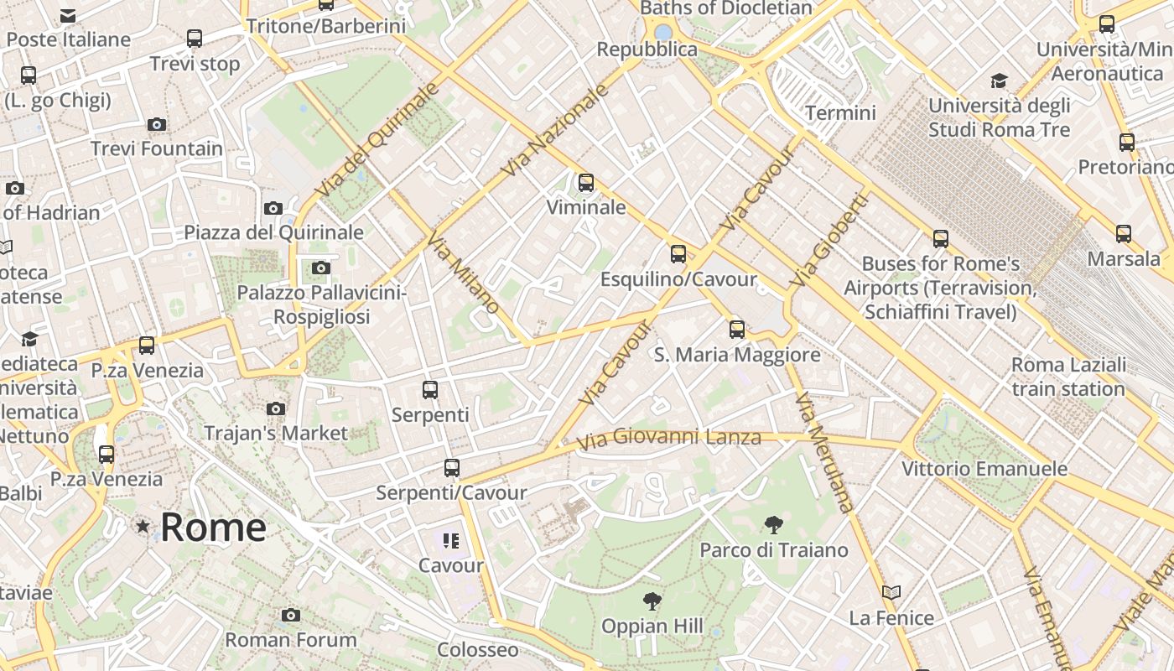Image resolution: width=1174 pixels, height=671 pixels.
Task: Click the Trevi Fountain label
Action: pos(157,149)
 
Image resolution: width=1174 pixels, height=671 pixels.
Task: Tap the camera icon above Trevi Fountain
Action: pos(157,125)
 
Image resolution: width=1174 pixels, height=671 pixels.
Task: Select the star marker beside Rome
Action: pos(143,527)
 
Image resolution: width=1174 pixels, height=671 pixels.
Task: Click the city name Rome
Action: pos(213,527)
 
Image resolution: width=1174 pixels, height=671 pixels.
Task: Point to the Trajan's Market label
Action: pos(276,434)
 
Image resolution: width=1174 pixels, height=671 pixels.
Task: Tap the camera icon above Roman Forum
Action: pos(291,616)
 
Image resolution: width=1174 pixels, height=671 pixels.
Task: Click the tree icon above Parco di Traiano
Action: pos(774,526)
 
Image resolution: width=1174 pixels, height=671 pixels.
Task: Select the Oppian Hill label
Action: pos(652,627)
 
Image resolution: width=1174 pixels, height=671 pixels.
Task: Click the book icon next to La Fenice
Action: pos(891,593)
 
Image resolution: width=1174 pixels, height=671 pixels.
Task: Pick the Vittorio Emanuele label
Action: pos(984,469)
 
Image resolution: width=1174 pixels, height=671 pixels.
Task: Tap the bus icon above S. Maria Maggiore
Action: pos(737,330)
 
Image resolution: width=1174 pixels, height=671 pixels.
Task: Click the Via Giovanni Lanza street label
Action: pos(669,438)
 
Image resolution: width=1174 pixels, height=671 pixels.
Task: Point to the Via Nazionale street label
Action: pos(554,130)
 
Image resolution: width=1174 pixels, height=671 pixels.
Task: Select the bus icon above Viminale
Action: pos(586,182)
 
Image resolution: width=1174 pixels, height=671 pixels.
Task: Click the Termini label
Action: pos(840,113)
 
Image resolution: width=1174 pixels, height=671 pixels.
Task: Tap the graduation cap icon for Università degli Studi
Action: pos(999,81)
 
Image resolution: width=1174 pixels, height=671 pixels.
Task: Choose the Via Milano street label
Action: pos(463,273)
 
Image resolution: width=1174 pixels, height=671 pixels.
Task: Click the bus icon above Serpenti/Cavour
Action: pos(452,468)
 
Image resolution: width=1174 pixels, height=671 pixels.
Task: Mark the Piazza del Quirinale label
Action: pos(274,232)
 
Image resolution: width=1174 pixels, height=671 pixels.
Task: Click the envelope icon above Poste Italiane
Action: pos(69,16)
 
